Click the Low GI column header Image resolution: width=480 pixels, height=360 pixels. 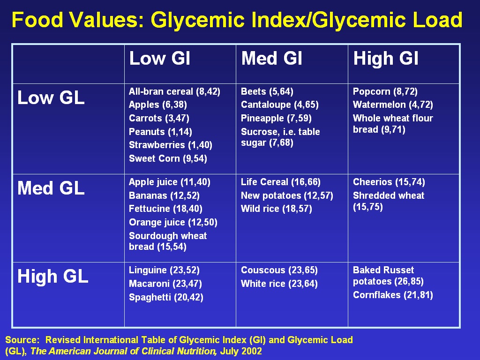click(160, 59)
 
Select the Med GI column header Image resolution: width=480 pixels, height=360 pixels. click(271, 59)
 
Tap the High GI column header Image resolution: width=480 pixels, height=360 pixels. click(386, 59)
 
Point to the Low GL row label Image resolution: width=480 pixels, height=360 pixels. click(51, 98)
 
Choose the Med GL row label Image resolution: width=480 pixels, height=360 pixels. click(51, 188)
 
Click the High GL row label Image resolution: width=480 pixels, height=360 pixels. click(52, 277)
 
